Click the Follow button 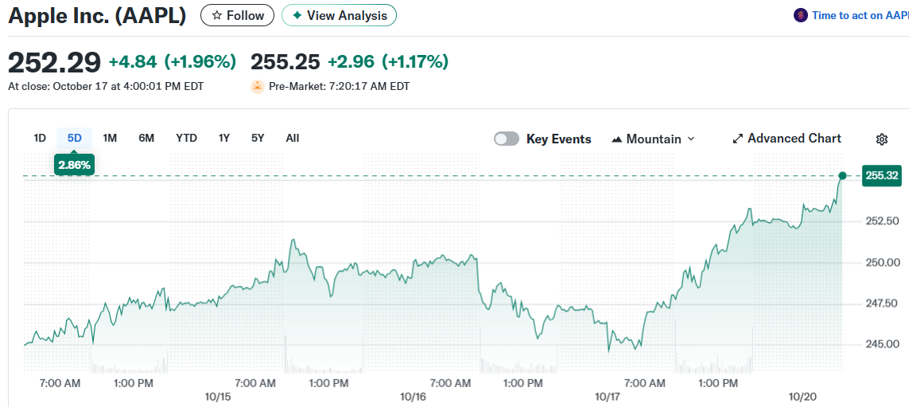(237, 15)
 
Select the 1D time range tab (40, 138)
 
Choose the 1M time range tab (110, 138)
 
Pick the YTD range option (186, 138)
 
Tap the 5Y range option (258, 138)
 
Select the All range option (293, 138)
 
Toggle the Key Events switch (507, 139)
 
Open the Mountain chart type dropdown (653, 139)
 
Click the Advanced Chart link (787, 139)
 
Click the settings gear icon (882, 139)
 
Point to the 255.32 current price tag (880, 175)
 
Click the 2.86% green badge (74, 165)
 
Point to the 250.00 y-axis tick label (881, 262)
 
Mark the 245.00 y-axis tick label (881, 344)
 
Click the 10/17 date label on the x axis (608, 396)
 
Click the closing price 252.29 (54, 61)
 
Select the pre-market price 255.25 (286, 61)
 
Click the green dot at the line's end (842, 175)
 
